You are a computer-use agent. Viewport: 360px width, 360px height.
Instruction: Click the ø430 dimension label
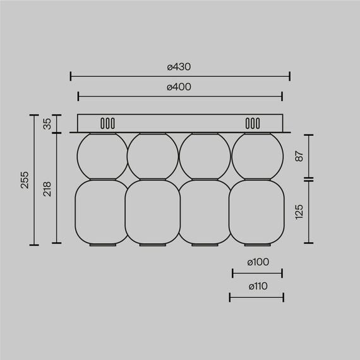(179, 66)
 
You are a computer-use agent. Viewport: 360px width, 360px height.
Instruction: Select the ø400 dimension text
(179, 87)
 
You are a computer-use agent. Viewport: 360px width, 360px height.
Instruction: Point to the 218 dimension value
(47, 189)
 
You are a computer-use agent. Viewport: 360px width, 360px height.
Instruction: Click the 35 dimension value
(47, 124)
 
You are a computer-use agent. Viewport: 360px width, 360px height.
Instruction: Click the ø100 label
(257, 262)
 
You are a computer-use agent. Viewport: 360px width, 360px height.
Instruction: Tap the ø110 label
(257, 286)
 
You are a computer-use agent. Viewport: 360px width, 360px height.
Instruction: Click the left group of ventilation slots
(107, 123)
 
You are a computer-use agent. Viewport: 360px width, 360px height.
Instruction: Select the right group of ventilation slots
(252, 123)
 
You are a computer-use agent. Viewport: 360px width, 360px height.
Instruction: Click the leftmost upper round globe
(100, 157)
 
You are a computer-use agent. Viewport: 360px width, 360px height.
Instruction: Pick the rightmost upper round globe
(257, 157)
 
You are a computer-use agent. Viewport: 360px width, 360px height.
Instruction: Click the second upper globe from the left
(152, 157)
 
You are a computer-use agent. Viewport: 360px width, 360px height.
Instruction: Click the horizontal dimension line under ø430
(179, 77)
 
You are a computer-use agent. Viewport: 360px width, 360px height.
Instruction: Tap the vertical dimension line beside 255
(33, 180)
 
